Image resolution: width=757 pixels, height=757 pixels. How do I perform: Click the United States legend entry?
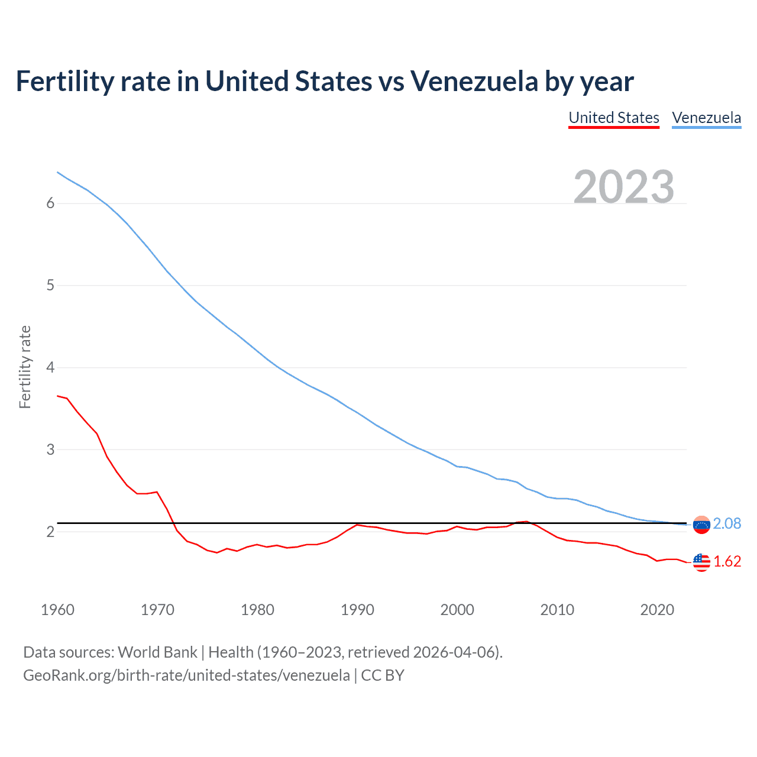click(x=614, y=118)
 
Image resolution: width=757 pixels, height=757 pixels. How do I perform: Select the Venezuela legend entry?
click(x=706, y=118)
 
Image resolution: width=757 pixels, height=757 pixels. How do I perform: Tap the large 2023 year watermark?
click(x=624, y=187)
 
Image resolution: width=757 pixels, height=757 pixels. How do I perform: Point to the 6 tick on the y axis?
click(x=50, y=203)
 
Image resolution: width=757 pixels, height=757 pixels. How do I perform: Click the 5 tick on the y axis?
click(x=50, y=286)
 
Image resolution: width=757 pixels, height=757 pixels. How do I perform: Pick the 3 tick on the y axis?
click(x=50, y=449)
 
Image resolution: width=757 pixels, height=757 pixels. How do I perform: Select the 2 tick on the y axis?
click(x=50, y=532)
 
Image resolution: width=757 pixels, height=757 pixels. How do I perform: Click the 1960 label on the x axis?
click(x=57, y=610)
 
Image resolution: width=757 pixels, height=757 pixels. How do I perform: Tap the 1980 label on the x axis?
click(x=257, y=610)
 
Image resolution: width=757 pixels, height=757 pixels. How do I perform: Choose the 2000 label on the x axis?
click(x=457, y=610)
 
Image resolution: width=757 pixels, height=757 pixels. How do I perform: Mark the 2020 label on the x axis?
click(x=657, y=610)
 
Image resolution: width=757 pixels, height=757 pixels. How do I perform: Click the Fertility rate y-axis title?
click(x=25, y=367)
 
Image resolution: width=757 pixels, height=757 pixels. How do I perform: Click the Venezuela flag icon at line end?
click(x=701, y=525)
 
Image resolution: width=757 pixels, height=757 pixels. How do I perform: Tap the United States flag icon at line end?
click(x=701, y=562)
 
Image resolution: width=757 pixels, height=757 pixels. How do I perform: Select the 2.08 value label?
click(x=727, y=524)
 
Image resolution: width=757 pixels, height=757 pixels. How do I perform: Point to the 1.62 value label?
click(x=727, y=562)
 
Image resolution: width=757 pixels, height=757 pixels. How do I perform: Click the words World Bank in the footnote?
click(x=157, y=652)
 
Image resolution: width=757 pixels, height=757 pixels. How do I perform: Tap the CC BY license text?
click(x=383, y=675)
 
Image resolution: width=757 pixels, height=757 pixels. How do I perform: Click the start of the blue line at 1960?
click(x=58, y=172)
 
